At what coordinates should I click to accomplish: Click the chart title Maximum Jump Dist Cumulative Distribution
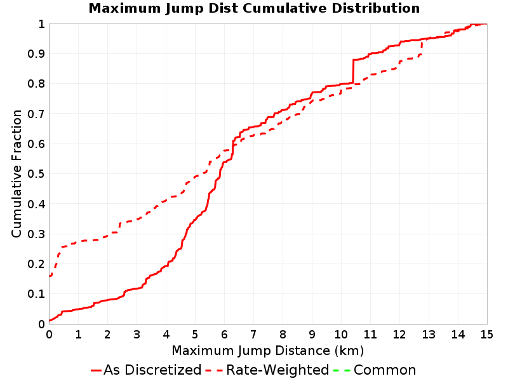point(254,8)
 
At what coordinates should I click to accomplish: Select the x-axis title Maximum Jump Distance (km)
point(267,351)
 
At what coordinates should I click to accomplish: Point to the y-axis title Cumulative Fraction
point(17,173)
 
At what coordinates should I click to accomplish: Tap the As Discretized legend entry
point(147,370)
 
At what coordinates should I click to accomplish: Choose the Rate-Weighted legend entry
point(267,370)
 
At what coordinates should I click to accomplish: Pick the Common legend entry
point(375,370)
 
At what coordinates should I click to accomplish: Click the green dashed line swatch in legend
point(342,370)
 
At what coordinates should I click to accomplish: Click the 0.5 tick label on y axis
point(36,174)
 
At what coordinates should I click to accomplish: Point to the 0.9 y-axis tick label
point(36,54)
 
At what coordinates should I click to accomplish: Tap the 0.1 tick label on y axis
point(36,294)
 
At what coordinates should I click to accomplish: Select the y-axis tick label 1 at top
point(41,24)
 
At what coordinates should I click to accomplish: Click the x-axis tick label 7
point(253,335)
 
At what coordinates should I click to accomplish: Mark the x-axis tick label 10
point(341,335)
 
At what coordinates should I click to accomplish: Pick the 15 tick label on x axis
point(486,335)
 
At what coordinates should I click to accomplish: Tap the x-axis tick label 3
point(137,335)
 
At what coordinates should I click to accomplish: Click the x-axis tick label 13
point(429,335)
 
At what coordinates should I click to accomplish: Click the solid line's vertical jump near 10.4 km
point(353,71)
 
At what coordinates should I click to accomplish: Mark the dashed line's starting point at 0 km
point(50,276)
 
